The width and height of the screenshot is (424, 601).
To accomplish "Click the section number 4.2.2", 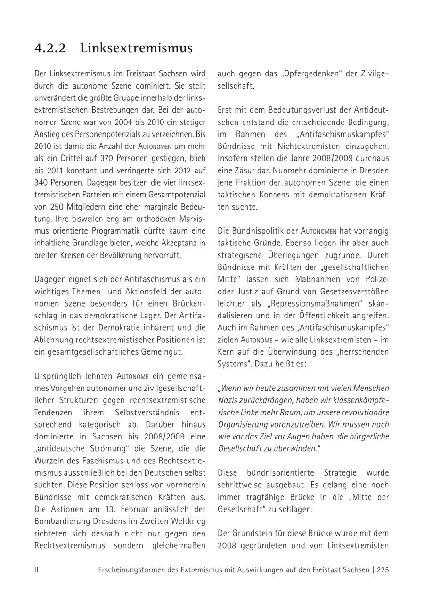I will tap(50, 49).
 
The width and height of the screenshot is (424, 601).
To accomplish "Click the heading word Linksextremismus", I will tap(136, 49).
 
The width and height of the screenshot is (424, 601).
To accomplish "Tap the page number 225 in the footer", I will tap(383, 570).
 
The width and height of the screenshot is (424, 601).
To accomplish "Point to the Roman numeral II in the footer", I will tap(36, 570).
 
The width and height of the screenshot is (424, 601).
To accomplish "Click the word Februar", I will tap(144, 509).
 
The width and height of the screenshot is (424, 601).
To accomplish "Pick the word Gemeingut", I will tap(159, 352).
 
